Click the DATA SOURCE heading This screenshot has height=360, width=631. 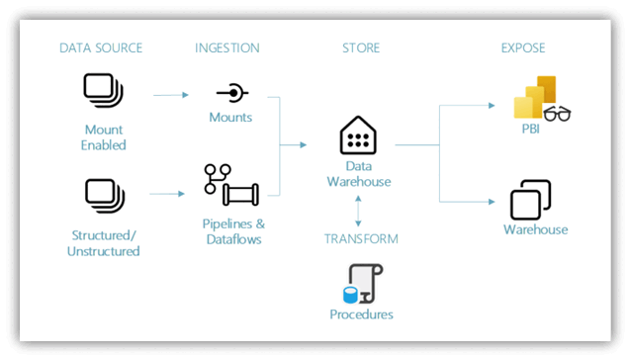(100, 47)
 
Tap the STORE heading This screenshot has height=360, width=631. (360, 47)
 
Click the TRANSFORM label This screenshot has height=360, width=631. (361, 238)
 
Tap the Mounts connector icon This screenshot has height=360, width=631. (232, 93)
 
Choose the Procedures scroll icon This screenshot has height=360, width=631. (361, 283)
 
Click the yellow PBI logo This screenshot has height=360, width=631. (535, 97)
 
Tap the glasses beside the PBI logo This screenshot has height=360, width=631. (558, 114)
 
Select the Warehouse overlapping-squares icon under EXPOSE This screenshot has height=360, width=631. (530, 200)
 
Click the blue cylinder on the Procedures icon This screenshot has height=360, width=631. (349, 294)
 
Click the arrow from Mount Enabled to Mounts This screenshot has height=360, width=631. (170, 95)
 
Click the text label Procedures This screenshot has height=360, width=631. (361, 315)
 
